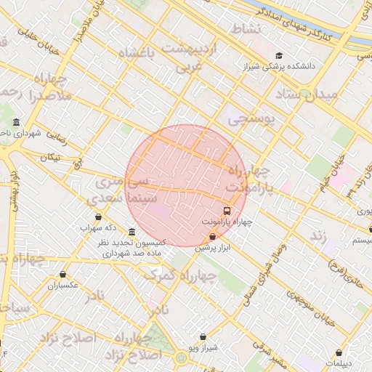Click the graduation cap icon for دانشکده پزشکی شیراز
pyautogui.click(x=279, y=55)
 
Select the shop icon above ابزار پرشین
pyautogui.click(x=212, y=236)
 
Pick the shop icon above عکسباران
pyautogui.click(x=63, y=275)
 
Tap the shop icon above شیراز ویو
pyautogui.click(x=203, y=336)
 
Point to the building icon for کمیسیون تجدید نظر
pyautogui.click(x=131, y=232)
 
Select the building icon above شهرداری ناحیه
pyautogui.click(x=17, y=123)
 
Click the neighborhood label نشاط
pyautogui.click(x=245, y=28)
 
